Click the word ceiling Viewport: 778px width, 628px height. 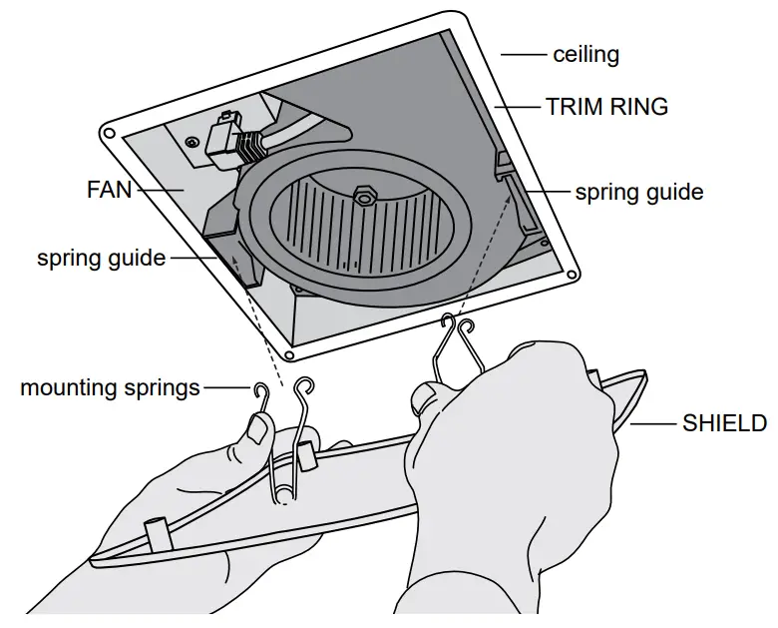[585, 54]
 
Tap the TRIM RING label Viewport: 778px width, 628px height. [606, 106]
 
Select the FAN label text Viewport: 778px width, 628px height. [109, 188]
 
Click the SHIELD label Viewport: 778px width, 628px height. [724, 423]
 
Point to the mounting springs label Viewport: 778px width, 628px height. [110, 387]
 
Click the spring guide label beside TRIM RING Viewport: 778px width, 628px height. [638, 191]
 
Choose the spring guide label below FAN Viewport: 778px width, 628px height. [101, 259]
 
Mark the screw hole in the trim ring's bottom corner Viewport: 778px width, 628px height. [288, 353]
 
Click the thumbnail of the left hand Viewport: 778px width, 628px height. [257, 430]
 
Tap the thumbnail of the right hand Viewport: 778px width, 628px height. [425, 401]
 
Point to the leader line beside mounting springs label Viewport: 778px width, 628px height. [226, 387]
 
